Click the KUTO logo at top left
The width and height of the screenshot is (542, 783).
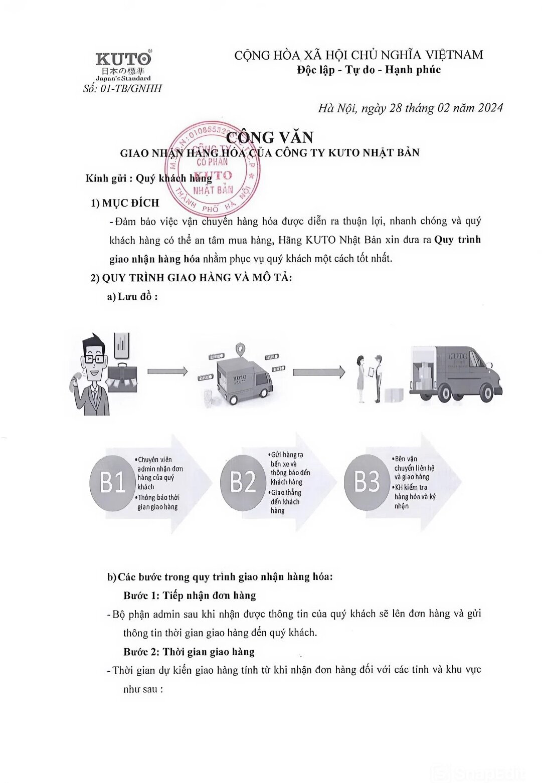click(x=123, y=60)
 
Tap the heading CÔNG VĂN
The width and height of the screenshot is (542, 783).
click(x=270, y=137)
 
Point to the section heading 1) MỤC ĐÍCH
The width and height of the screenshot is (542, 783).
click(x=125, y=203)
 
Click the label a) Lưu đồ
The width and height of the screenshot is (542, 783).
click(x=132, y=297)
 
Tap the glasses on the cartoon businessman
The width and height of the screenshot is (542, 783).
click(x=94, y=358)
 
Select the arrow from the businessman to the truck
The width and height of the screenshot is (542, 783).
click(x=167, y=371)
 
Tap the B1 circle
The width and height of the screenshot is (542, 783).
click(x=112, y=482)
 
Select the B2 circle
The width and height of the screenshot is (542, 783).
click(x=243, y=482)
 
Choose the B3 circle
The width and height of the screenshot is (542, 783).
click(x=367, y=482)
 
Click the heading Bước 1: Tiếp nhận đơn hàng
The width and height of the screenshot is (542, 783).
click(x=190, y=596)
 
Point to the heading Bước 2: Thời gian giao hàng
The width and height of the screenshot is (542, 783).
click(x=189, y=652)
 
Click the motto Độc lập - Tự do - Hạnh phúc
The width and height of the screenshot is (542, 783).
click(x=369, y=70)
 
